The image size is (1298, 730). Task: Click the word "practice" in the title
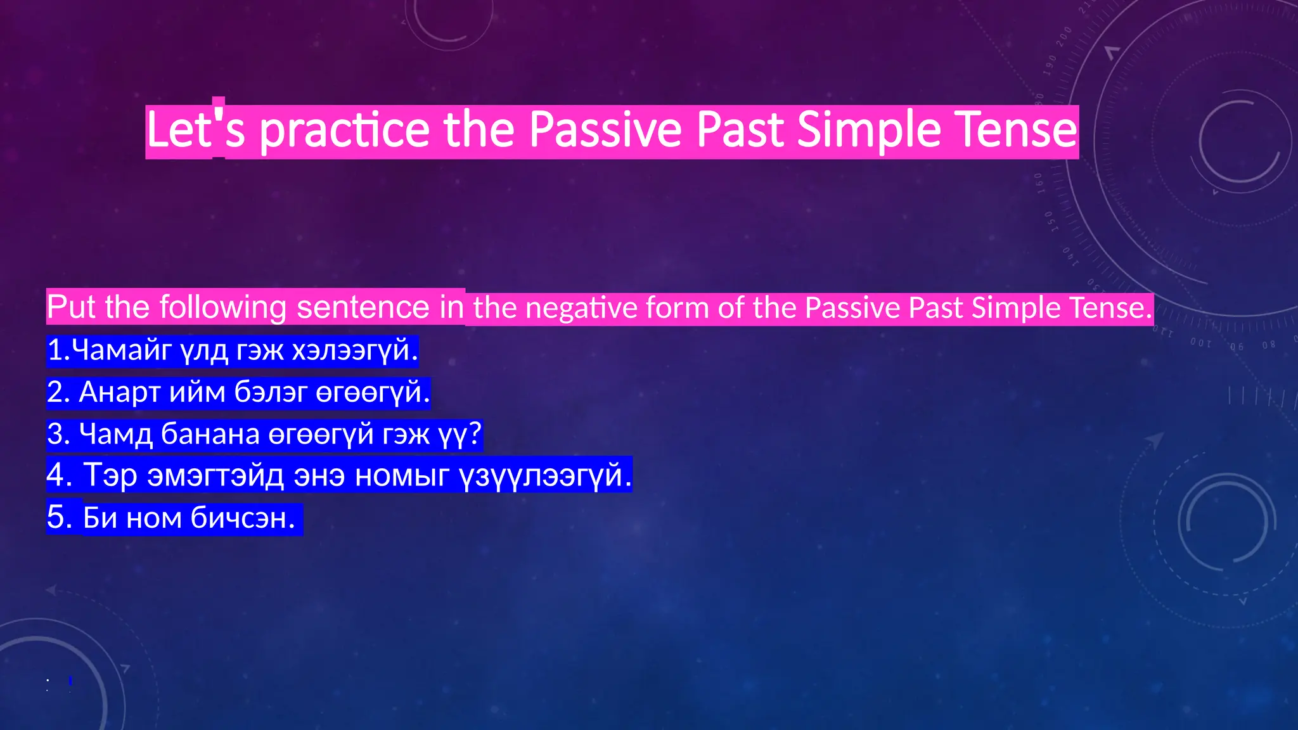[345, 131]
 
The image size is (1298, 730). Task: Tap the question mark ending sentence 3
[475, 435]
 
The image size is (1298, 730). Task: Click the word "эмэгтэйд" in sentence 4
[215, 475]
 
